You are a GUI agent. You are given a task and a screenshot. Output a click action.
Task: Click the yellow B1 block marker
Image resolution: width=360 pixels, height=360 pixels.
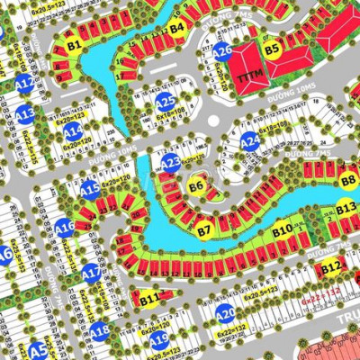point(74,42)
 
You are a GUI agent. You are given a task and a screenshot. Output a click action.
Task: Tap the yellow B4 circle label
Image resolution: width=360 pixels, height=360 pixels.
point(177,28)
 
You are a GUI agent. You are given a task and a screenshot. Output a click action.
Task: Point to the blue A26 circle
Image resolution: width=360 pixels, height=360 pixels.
point(222,51)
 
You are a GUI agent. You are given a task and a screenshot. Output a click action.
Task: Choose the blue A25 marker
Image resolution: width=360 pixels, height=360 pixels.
point(165,103)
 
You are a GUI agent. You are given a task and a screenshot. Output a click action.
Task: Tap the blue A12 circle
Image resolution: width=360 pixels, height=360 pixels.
point(25,85)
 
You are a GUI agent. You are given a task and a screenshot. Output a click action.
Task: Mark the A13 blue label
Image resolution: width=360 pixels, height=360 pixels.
point(25,114)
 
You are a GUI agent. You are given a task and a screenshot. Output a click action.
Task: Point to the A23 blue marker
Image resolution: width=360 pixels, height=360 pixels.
point(171,162)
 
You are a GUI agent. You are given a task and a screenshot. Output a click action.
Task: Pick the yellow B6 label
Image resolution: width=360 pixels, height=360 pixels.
point(197,186)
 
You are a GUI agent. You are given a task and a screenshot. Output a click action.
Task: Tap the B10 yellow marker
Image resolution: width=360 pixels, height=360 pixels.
point(283,230)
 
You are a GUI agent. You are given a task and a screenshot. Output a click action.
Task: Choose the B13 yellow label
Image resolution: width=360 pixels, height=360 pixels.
point(346,209)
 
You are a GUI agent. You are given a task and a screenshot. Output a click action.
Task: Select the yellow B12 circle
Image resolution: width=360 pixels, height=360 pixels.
point(330,266)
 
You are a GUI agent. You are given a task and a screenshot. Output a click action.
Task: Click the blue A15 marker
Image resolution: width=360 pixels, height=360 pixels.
point(89,189)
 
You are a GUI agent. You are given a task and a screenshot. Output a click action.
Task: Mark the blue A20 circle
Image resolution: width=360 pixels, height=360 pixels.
point(225,313)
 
